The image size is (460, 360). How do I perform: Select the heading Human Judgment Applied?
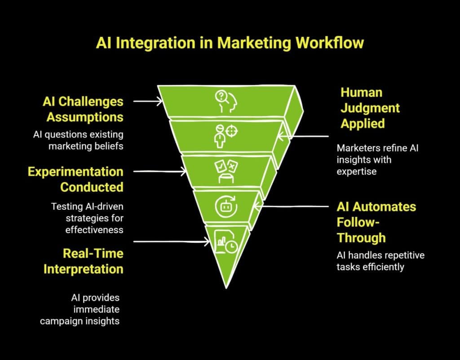[x=370, y=108]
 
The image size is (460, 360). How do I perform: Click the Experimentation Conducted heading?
[x=75, y=179]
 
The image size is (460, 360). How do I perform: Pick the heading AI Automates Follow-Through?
[x=376, y=222]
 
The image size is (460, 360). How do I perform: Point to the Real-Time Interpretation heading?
[x=84, y=261]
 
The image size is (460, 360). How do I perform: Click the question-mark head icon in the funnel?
[x=226, y=101]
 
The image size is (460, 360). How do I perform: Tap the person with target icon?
[x=225, y=135]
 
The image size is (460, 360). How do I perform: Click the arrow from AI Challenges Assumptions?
[x=148, y=101]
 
